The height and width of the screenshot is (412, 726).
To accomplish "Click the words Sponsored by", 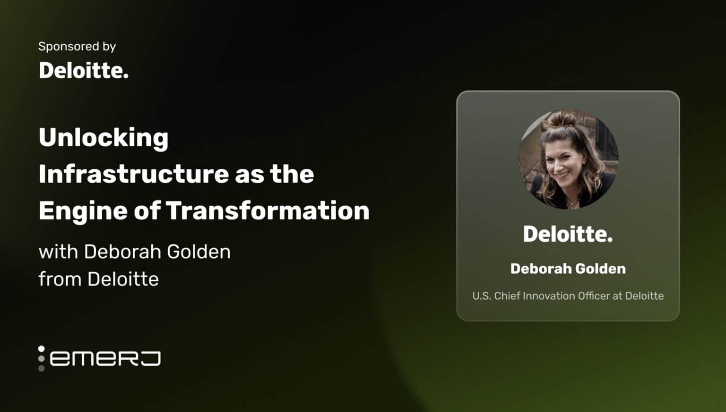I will click(77, 46).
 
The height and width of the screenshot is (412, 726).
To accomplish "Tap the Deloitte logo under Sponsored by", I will click(83, 71).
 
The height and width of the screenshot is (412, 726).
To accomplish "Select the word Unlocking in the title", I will click(104, 138).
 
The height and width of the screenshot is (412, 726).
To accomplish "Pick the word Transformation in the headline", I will click(268, 210).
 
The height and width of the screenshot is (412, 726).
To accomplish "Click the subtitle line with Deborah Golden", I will click(135, 252).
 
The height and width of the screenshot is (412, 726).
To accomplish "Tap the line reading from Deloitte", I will click(98, 279).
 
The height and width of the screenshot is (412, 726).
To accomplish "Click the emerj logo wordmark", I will click(105, 358).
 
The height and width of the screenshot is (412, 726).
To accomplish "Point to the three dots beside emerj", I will click(42, 358).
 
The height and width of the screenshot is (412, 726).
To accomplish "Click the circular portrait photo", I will click(568, 160).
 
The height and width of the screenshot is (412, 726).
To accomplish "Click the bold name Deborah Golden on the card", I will click(568, 269).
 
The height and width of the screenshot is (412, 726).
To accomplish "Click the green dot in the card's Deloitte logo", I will click(610, 241).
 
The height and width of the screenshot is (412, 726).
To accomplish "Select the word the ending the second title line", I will click(292, 174).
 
